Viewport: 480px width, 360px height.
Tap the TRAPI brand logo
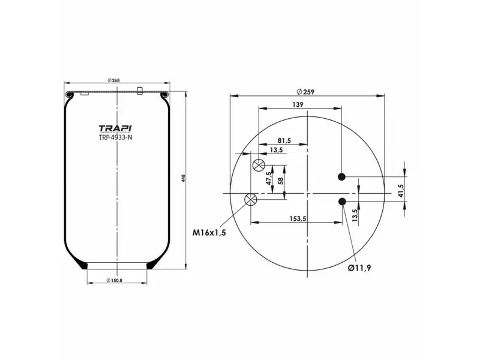click(115, 128)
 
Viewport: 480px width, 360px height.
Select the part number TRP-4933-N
click(115, 137)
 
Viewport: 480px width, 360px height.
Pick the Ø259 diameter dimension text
click(306, 92)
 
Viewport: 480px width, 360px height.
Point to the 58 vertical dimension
click(280, 179)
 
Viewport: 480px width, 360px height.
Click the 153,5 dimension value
click(298, 219)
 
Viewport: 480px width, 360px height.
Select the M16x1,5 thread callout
click(209, 233)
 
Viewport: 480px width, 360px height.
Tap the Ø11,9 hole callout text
click(359, 268)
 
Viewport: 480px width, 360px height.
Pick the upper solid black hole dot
click(342, 176)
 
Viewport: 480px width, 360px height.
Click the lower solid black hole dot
click(342, 201)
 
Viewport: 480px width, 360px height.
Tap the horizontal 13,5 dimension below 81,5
click(277, 149)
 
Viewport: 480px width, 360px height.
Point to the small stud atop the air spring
click(140, 91)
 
